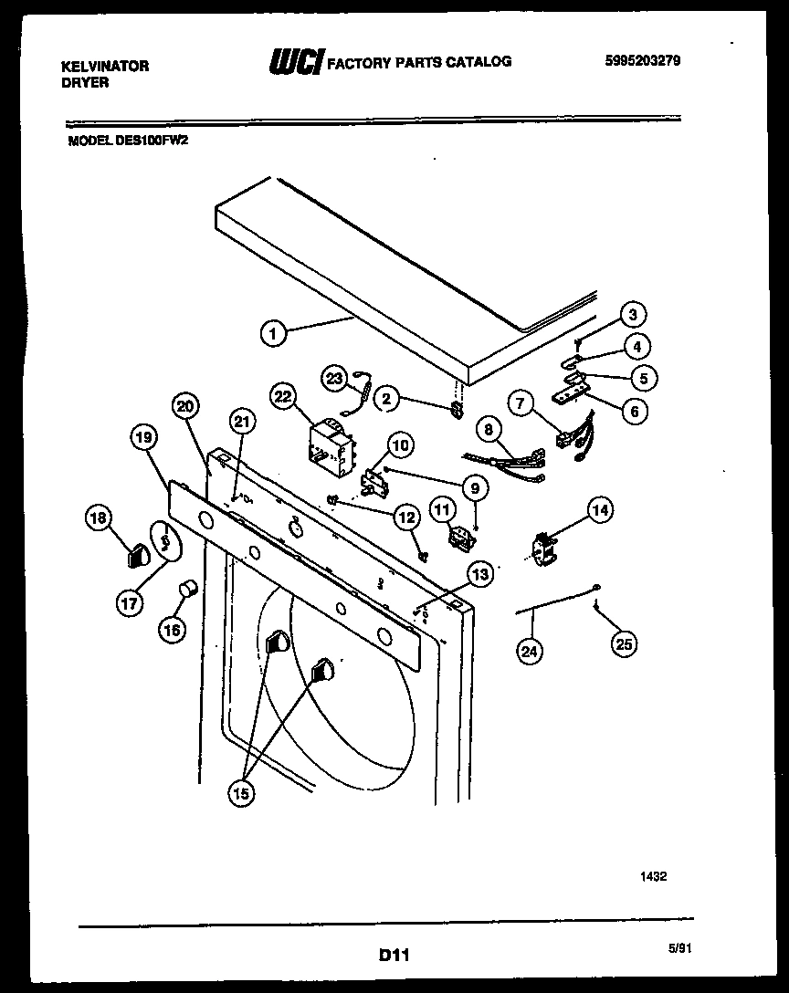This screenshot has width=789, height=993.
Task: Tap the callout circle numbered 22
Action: [284, 396]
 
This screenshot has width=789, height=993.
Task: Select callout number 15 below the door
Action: [241, 793]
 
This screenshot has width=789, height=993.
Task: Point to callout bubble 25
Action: [624, 643]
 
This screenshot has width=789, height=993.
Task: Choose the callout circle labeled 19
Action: [143, 439]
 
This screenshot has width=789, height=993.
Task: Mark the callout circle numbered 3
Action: [631, 315]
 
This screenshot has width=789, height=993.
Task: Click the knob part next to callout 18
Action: [137, 552]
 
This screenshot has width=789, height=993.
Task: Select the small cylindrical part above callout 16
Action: [188, 589]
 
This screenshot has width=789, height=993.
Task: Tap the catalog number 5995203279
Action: [643, 62]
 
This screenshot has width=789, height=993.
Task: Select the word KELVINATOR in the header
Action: [104, 67]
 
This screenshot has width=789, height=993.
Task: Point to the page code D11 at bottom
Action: [394, 956]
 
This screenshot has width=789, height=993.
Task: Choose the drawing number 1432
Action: [653, 876]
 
